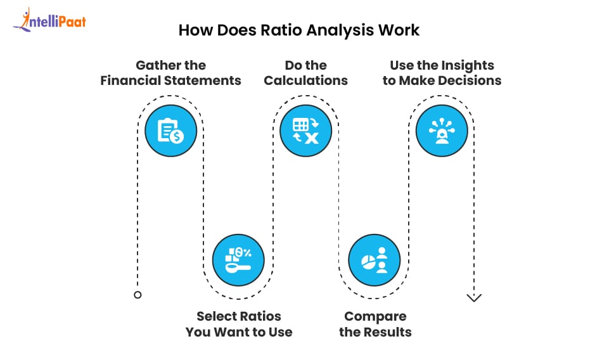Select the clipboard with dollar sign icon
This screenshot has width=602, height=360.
pos(171,131)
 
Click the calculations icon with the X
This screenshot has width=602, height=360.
pos(305,131)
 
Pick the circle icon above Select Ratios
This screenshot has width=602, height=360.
pos(238,260)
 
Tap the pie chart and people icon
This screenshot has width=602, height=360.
pos(375,260)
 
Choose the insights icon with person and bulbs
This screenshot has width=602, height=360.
pos(442,131)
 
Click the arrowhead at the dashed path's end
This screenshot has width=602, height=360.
pos(474,298)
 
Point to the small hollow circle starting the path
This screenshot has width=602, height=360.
pos(138,295)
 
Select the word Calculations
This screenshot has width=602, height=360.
pos(305,80)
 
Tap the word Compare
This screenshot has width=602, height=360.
pos(376,317)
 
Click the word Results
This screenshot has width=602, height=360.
pos(387,332)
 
